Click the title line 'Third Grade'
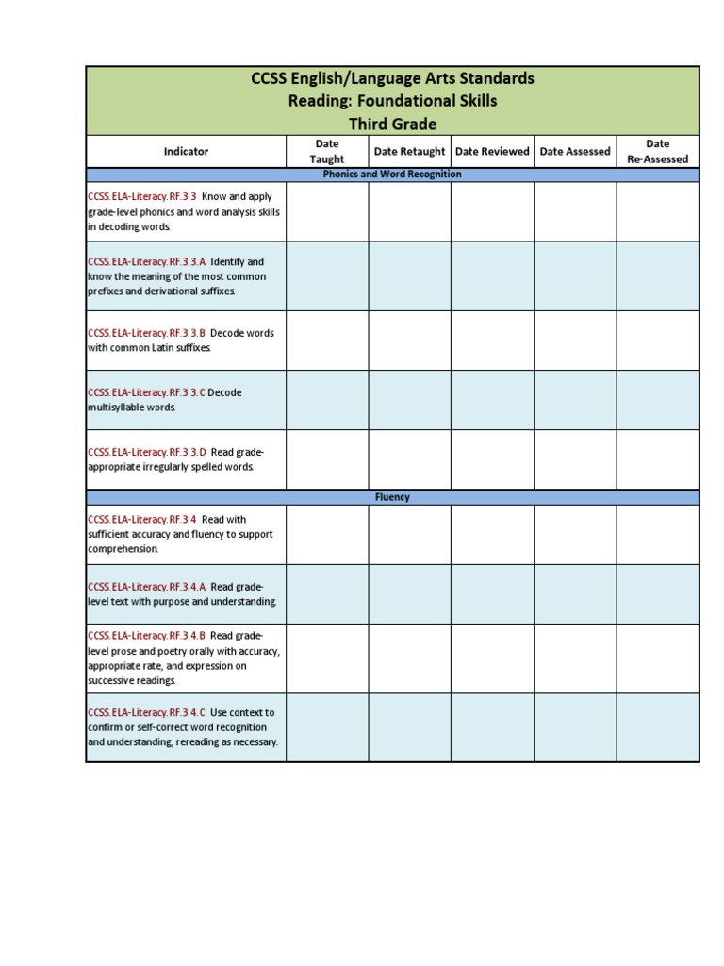392,124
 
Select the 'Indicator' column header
186,151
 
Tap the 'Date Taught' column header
327,151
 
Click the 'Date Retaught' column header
409,151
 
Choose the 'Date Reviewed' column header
492,151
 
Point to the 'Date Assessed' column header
575,151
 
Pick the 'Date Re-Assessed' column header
658,151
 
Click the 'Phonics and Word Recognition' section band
392,175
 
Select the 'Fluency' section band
392,497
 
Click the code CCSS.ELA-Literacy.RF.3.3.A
146,261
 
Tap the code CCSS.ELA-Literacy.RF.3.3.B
146,333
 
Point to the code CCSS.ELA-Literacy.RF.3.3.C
146,392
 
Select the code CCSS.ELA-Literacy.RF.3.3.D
146,452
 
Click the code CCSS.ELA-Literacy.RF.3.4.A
146,586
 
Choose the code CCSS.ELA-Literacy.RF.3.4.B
146,636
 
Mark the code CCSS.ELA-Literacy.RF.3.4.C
146,712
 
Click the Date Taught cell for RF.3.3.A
327,275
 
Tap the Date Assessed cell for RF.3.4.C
575,727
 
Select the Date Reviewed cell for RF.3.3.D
492,459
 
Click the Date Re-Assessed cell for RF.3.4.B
658,658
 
